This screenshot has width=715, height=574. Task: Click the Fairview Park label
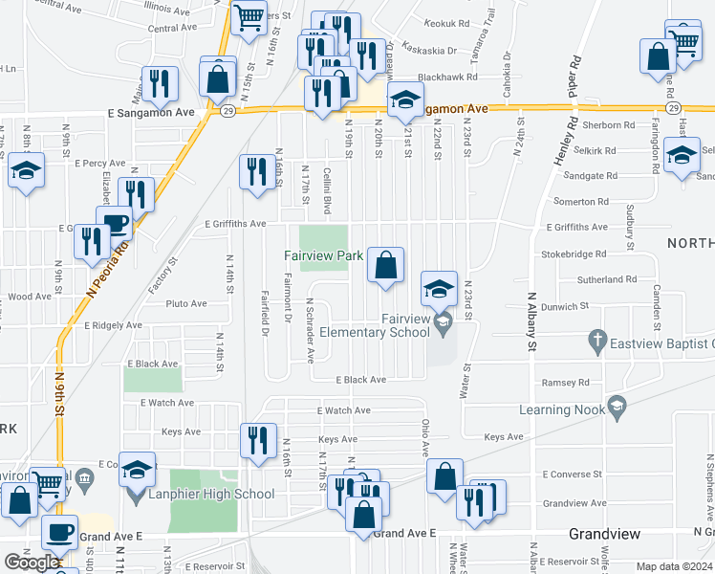(x=323, y=256)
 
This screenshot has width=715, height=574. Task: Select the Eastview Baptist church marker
(x=597, y=340)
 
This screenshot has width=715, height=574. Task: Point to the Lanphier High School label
(x=211, y=495)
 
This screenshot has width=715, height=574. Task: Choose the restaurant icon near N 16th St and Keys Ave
(x=257, y=440)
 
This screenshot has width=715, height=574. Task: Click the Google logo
(x=32, y=563)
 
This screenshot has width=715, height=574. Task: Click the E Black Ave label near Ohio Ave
(x=360, y=380)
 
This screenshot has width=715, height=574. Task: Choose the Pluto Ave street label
(x=185, y=304)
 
